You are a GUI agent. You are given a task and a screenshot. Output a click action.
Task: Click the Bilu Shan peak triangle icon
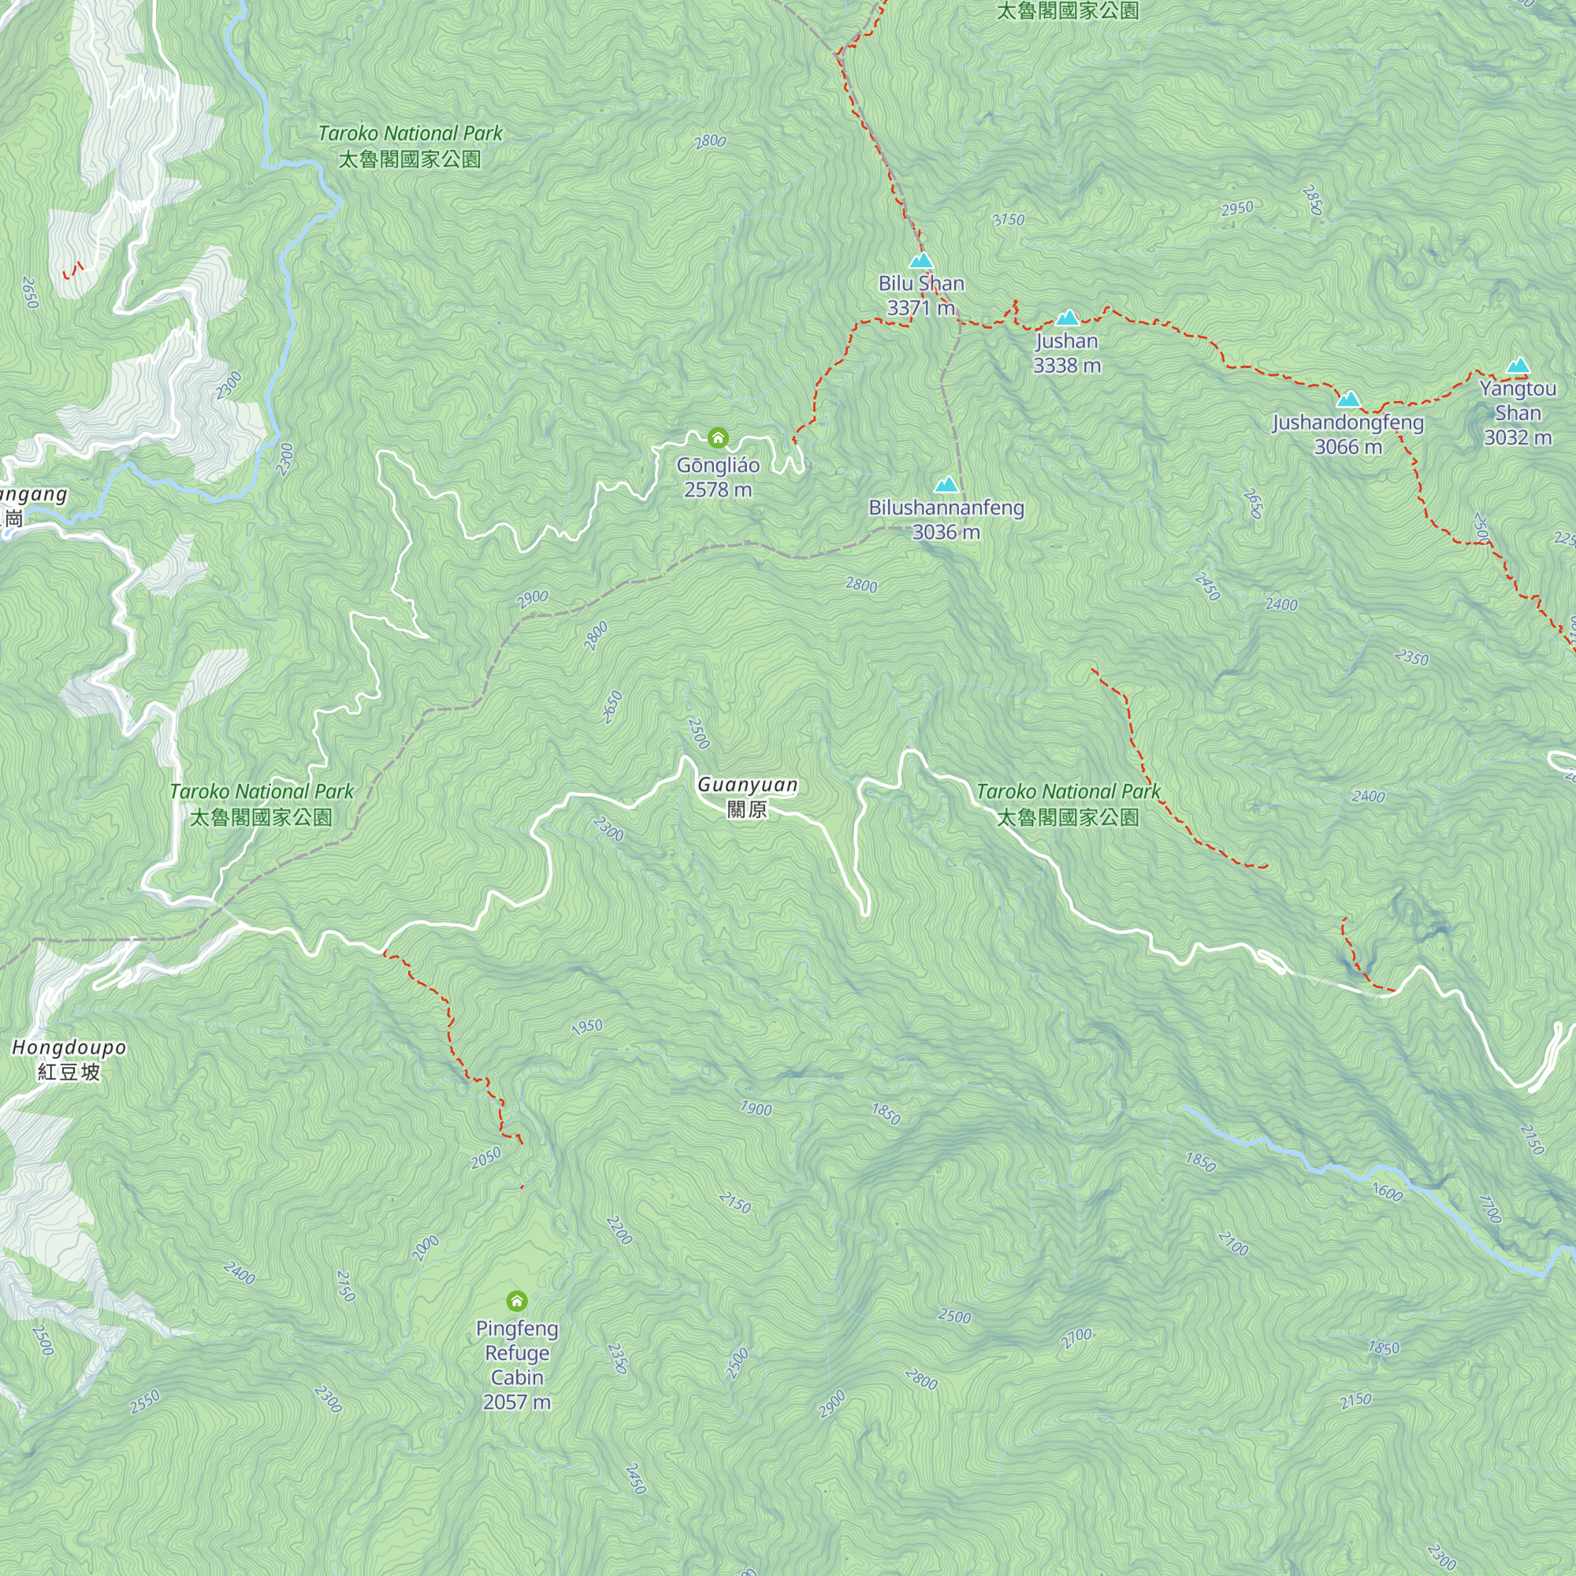click(921, 261)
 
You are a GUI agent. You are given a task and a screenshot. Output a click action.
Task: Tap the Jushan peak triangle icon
click(1067, 318)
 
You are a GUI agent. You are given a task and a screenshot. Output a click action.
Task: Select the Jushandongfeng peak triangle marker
click(1348, 400)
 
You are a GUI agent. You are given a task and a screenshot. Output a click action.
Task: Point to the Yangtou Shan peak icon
click(1518, 366)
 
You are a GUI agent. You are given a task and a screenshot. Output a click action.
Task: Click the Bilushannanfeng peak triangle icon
click(946, 485)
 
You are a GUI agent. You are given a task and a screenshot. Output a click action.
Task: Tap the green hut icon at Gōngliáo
click(718, 438)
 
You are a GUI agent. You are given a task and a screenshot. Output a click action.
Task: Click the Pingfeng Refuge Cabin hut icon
click(516, 1300)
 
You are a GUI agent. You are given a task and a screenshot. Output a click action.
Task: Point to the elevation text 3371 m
click(921, 308)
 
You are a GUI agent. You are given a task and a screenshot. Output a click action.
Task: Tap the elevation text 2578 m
click(718, 489)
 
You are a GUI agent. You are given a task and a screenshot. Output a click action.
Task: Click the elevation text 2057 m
click(516, 1403)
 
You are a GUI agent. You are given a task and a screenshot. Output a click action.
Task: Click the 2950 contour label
click(1237, 209)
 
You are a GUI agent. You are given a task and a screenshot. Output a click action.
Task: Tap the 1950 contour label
click(587, 1027)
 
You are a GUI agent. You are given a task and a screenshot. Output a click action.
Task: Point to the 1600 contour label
click(1387, 1192)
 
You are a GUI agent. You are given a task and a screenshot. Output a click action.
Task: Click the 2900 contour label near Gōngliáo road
click(533, 599)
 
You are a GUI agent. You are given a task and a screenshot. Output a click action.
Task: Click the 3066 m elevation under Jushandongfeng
click(1347, 447)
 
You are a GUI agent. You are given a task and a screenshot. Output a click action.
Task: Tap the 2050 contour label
click(486, 1158)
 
